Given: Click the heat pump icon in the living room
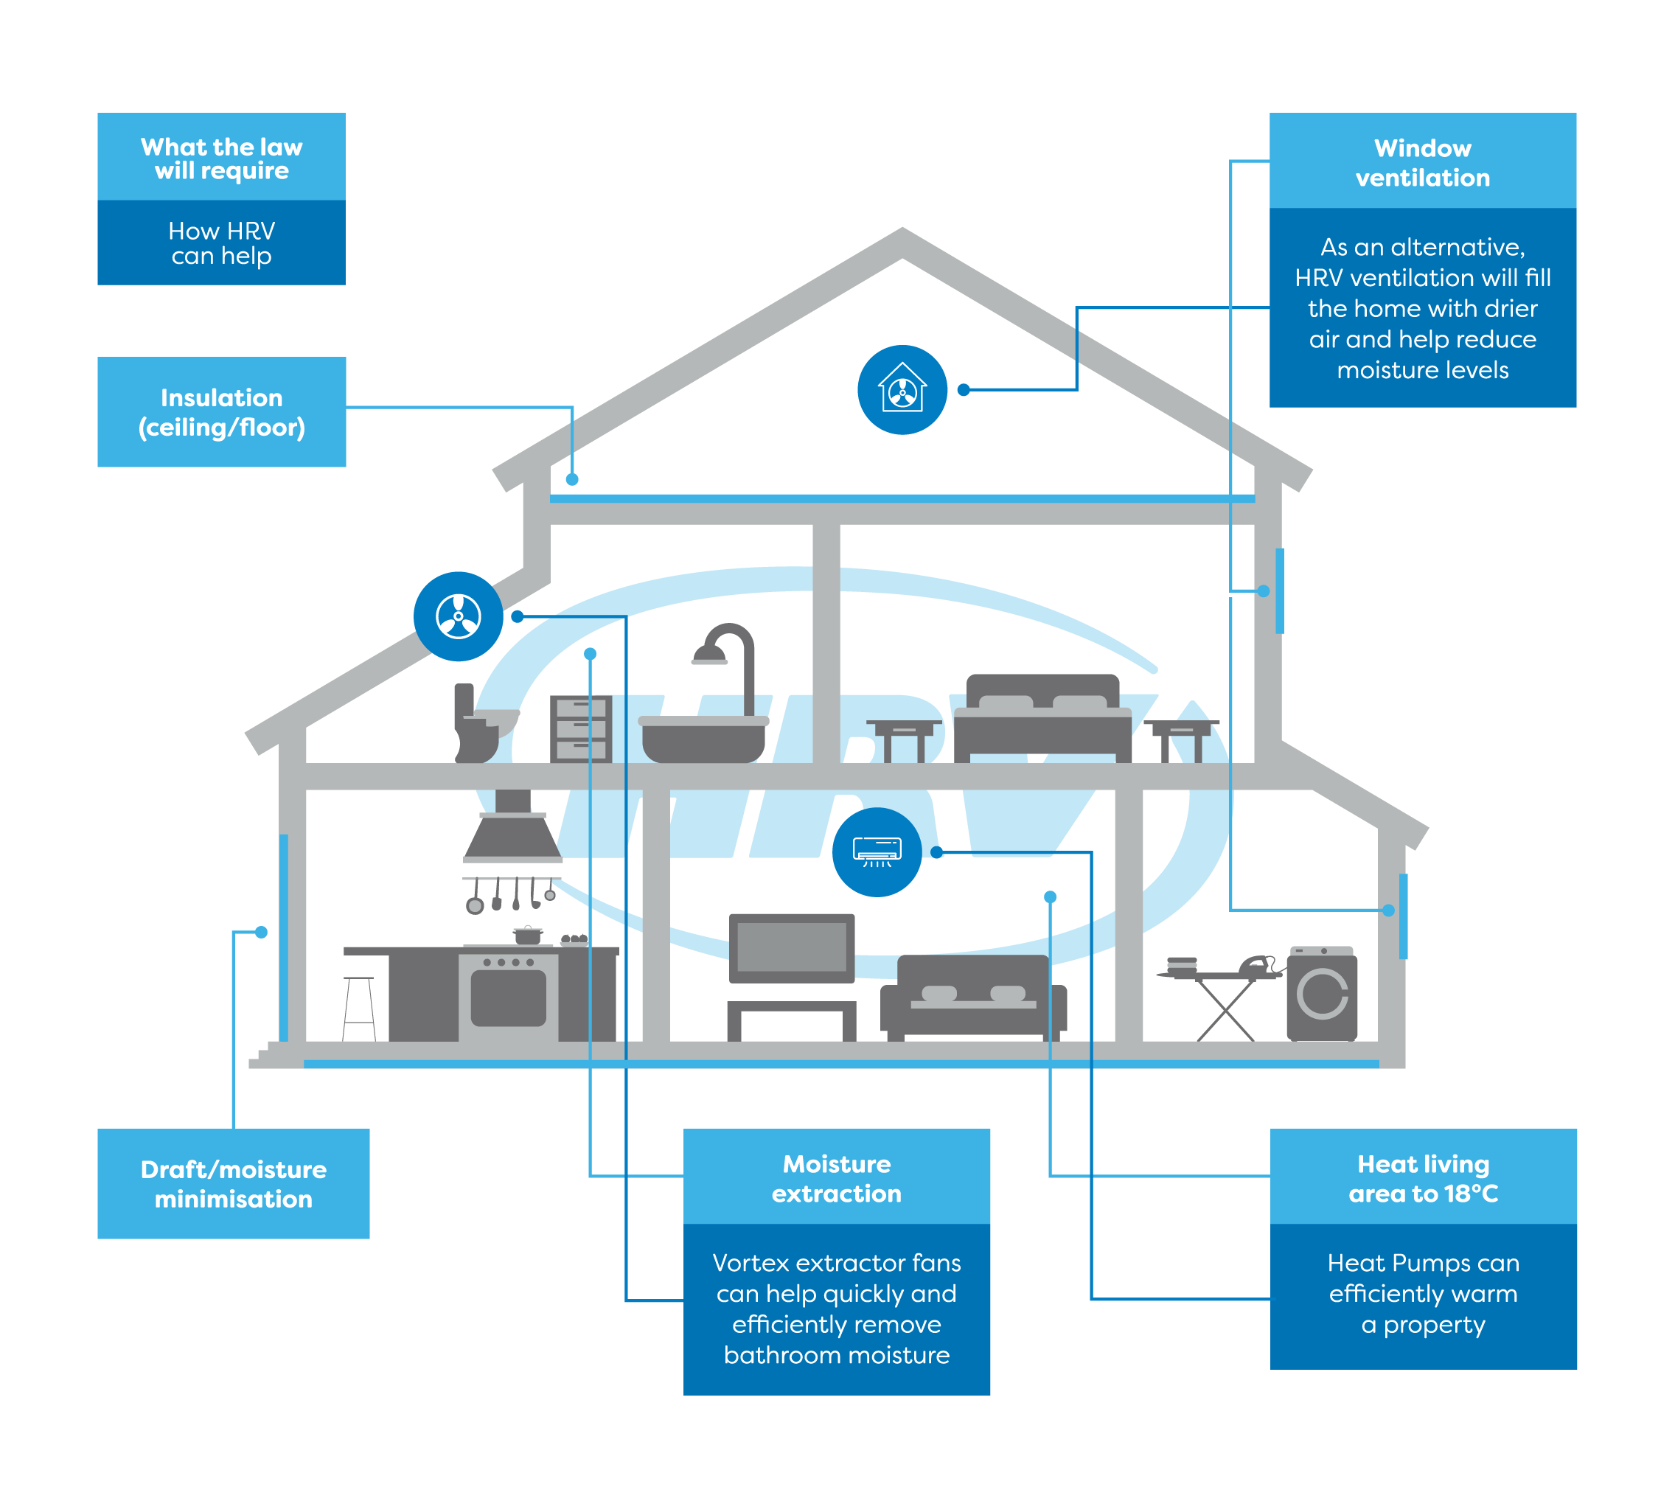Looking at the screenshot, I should click(877, 852).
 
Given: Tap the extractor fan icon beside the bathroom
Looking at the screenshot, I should click(458, 616).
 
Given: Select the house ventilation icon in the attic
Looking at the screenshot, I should click(902, 390).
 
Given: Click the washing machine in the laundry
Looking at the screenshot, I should click(1322, 993).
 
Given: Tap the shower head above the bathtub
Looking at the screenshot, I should click(710, 655).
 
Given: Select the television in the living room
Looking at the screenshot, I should click(792, 947).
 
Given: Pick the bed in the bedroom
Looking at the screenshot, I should click(1042, 717).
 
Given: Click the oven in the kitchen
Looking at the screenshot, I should click(508, 995).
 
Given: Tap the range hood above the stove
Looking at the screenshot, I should click(513, 832).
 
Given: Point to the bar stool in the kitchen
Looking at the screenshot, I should click(359, 1008).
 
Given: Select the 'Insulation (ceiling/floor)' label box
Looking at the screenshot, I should click(221, 412).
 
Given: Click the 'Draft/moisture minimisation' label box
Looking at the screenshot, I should click(234, 1184).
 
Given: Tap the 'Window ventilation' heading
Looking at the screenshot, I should click(1423, 162).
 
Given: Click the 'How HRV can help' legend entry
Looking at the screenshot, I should click(221, 243).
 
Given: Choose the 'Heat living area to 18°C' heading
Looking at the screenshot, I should click(1424, 1178).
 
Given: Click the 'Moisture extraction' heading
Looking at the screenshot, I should click(837, 1178).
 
